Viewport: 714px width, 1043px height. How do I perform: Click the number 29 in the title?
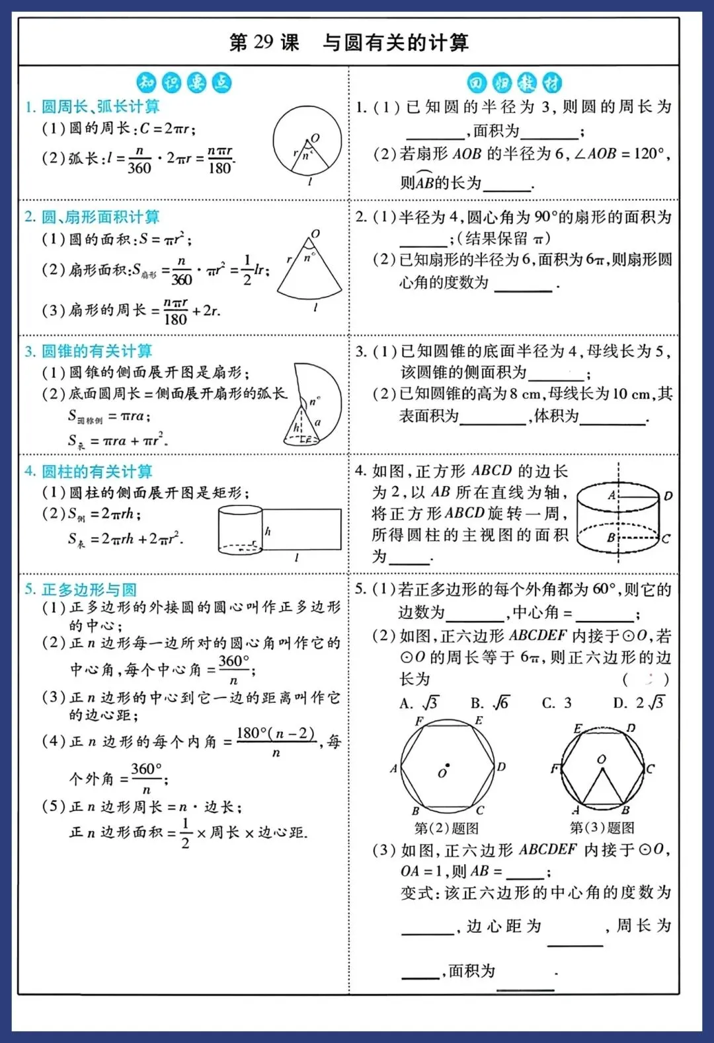(x=263, y=42)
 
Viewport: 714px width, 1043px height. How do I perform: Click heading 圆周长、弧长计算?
(x=100, y=106)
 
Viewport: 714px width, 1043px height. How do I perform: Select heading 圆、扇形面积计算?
(x=100, y=217)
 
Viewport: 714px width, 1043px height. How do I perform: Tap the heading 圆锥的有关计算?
(x=97, y=351)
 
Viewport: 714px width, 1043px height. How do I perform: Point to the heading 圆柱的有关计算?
(x=97, y=471)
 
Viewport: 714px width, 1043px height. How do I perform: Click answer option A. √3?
(x=419, y=702)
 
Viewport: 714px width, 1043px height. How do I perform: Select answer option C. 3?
(x=557, y=702)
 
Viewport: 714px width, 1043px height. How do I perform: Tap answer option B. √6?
(x=490, y=702)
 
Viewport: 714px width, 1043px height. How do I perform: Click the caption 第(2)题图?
(x=446, y=828)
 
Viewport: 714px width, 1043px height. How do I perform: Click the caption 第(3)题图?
(x=602, y=828)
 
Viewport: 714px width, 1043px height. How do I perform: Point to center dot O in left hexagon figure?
(x=448, y=766)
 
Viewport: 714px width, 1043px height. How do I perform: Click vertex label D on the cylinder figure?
(x=668, y=495)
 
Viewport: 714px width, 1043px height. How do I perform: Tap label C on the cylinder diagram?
(x=666, y=538)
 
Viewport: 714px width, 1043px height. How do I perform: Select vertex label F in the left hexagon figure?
(x=419, y=721)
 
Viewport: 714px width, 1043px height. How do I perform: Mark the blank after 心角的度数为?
(x=523, y=285)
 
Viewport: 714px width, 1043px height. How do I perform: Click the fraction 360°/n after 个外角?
(x=146, y=777)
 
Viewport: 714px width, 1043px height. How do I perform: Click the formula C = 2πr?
(x=167, y=128)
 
